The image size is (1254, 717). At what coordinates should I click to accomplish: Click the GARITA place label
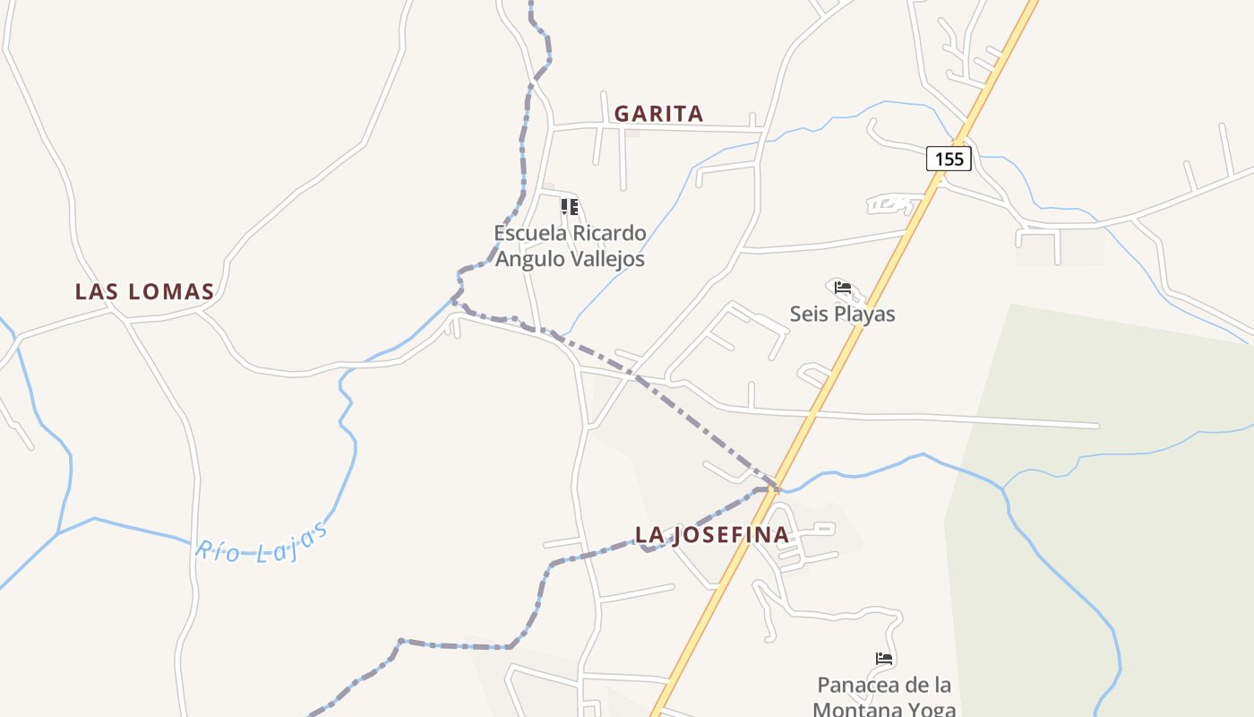(658, 114)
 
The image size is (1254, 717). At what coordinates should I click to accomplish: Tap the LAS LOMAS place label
(144, 291)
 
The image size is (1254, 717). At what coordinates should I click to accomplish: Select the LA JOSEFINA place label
(712, 535)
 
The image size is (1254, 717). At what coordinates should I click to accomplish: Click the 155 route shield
(949, 159)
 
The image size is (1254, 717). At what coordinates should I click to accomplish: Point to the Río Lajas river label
(262, 540)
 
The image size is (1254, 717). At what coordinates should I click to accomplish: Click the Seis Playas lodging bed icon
(842, 288)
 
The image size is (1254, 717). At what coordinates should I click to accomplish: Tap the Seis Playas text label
(842, 314)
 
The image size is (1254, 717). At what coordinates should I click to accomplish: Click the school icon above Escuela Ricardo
(570, 207)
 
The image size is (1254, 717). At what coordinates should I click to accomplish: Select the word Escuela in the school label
(531, 233)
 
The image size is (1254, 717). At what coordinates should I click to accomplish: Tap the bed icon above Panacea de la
(884, 659)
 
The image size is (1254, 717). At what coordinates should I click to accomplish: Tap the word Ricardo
(609, 233)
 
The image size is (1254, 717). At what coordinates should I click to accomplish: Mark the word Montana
(855, 709)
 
